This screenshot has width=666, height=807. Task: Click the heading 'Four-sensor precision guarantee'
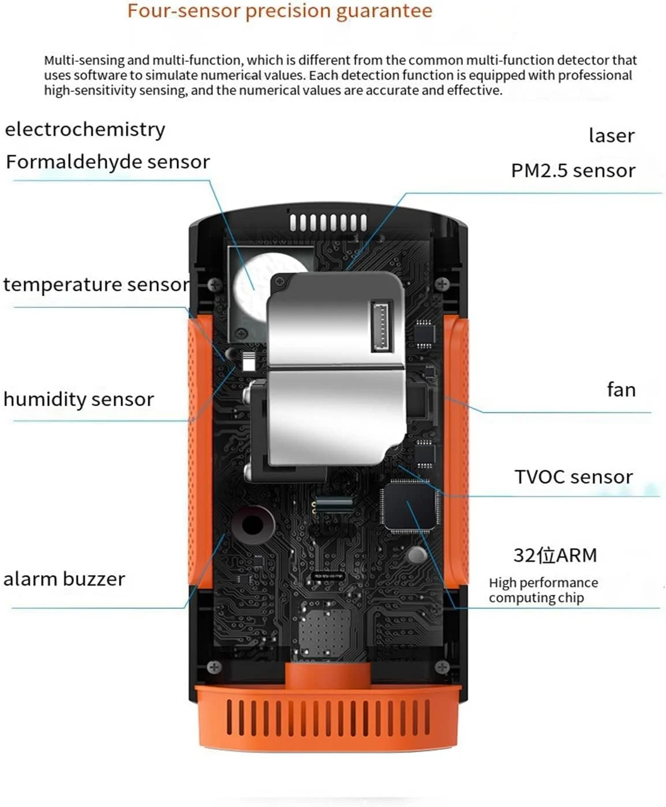pos(280,11)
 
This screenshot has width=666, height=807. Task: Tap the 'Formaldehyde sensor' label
pos(108,162)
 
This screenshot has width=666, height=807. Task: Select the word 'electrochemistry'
pos(85,129)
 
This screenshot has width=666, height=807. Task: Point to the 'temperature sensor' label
pos(96,284)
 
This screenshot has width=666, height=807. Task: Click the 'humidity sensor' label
pos(78,399)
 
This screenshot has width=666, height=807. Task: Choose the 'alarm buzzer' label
pos(64,579)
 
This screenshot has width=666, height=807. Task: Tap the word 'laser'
pos(611,136)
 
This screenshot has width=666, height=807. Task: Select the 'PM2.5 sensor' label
pos(573,171)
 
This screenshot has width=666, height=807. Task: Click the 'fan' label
pos(621,390)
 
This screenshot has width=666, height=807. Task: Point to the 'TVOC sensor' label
pos(574,477)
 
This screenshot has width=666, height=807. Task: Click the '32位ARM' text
pos(555,555)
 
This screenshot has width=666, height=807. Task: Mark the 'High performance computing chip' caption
pos(542,590)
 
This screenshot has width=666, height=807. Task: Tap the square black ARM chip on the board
pos(409,506)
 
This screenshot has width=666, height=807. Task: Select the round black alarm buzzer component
pos(252,524)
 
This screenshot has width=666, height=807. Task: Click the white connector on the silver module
pos(381,326)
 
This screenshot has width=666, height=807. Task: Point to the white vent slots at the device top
pos(328,223)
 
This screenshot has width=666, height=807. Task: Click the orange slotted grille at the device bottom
pos(328,717)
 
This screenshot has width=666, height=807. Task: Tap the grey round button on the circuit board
pos(417,555)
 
